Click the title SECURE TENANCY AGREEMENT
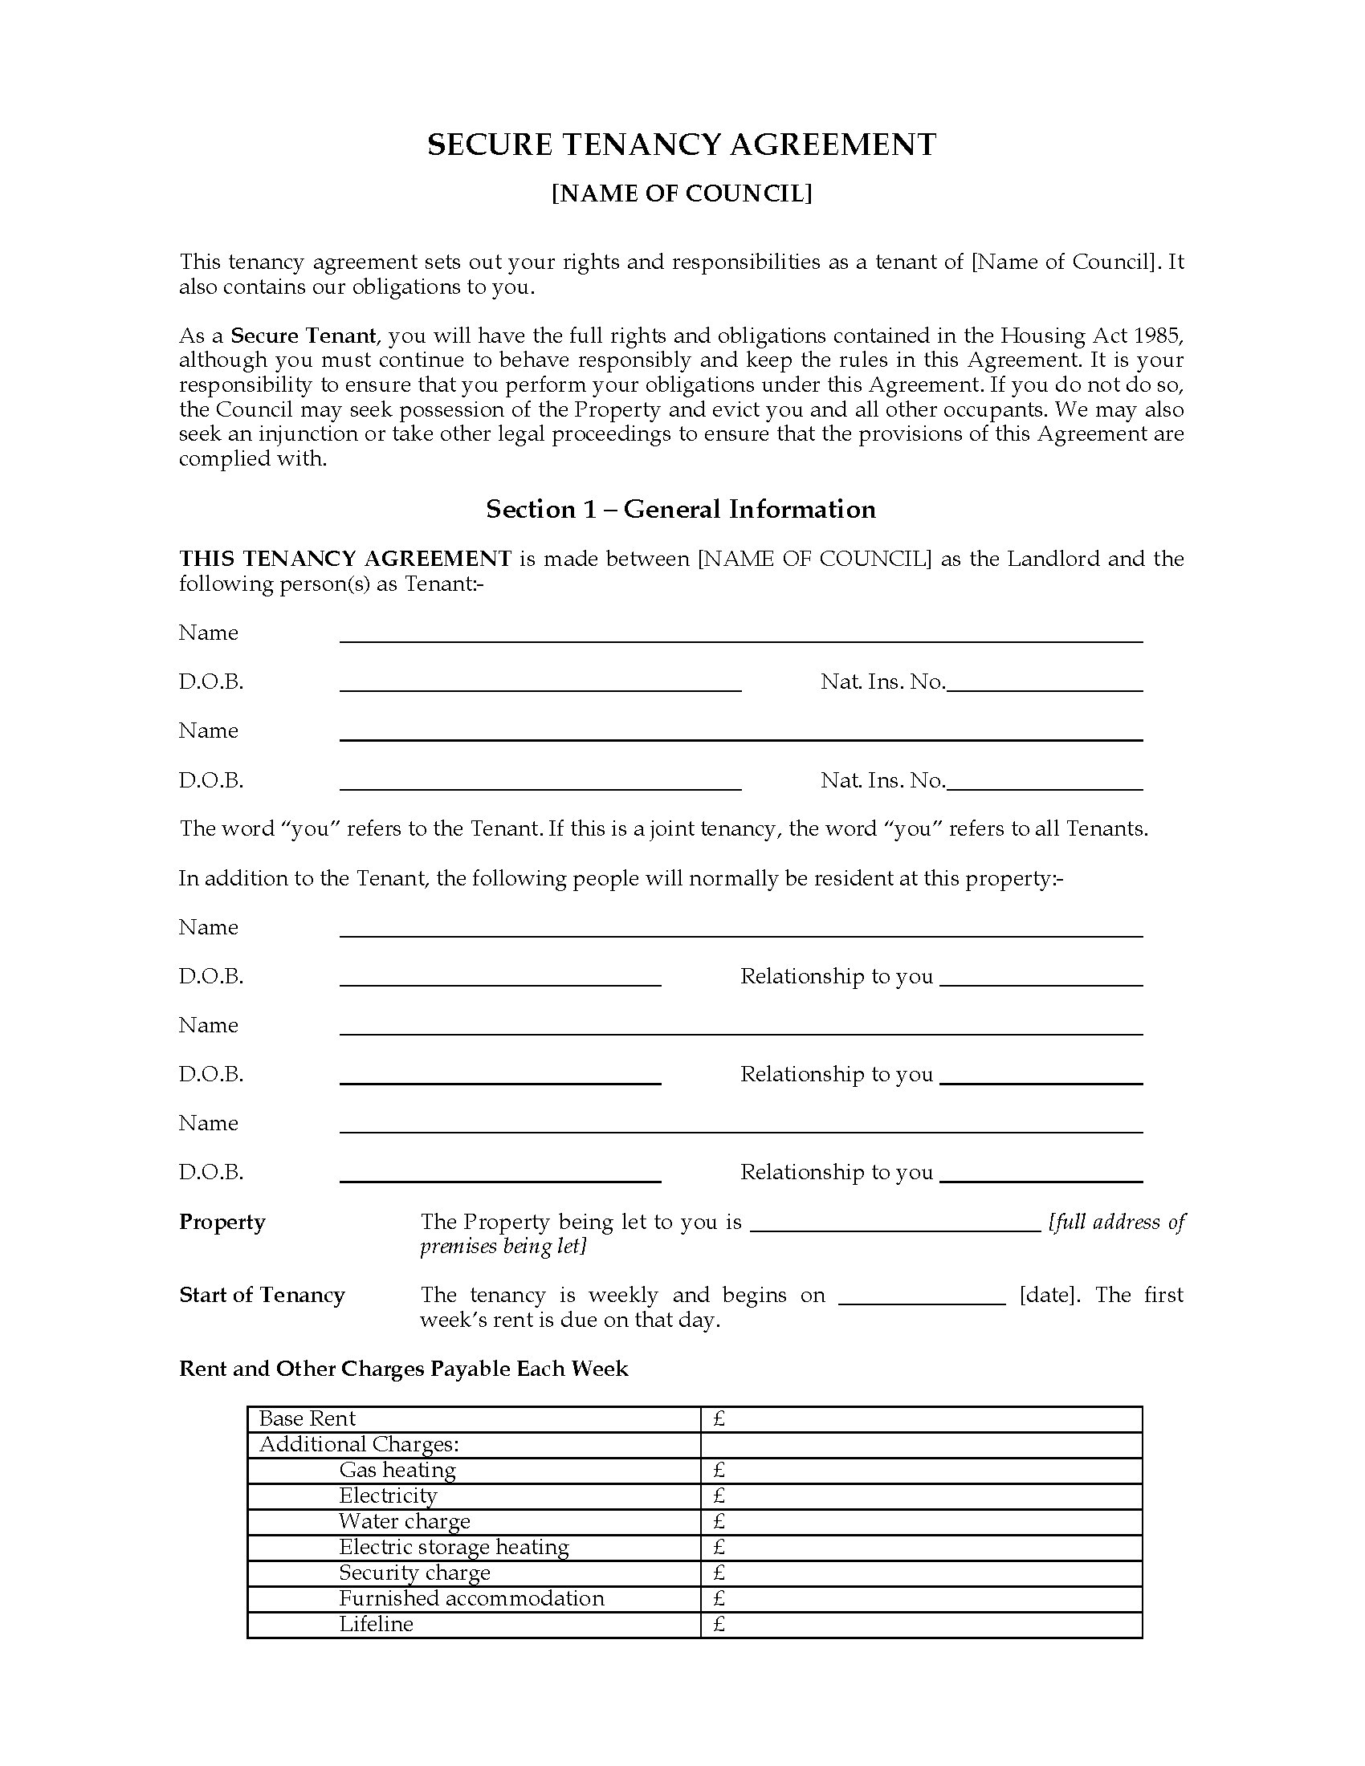682,144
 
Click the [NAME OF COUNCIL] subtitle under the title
682,194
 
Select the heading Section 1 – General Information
681,509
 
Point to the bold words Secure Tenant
304,336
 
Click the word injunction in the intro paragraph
308,434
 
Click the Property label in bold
222,1222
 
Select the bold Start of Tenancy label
262,1296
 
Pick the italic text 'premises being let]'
502,1246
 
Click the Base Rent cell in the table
308,1418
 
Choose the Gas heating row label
397,1470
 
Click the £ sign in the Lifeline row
719,1625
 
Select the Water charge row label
405,1521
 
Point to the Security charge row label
415,1573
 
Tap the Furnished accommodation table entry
471,1598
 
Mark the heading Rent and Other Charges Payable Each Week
404,1369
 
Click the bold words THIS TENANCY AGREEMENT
345,559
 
